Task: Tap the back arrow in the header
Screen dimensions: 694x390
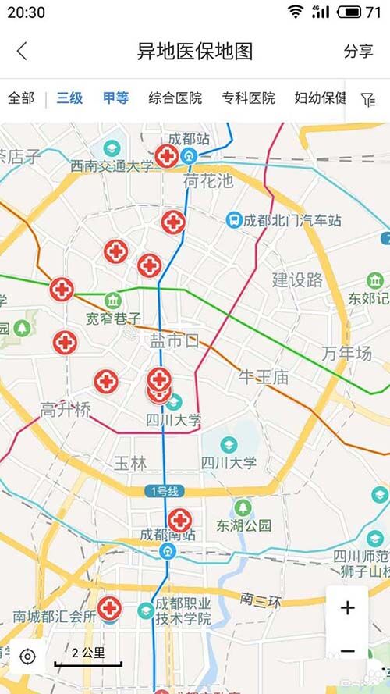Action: tap(22, 52)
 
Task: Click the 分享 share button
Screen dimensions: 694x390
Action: tap(358, 52)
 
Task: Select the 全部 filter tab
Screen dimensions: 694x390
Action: tap(21, 98)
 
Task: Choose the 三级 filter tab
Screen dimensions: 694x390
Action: tap(69, 98)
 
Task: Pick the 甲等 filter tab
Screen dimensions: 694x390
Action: tap(115, 98)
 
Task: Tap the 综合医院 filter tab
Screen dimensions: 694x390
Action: tap(175, 98)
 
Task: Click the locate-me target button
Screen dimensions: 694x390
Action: tap(27, 656)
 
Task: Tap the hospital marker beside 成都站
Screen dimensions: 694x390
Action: tap(166, 156)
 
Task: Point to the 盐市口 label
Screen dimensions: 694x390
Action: tap(175, 340)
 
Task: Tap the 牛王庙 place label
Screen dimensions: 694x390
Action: tap(263, 378)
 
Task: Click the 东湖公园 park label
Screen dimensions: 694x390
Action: tap(244, 525)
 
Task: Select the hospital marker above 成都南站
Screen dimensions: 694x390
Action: tap(180, 520)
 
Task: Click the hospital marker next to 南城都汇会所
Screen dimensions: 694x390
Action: tap(109, 607)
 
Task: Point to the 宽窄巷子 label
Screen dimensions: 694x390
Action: tap(114, 319)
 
